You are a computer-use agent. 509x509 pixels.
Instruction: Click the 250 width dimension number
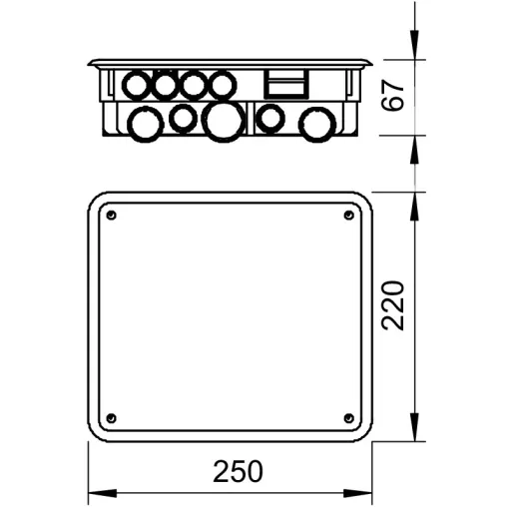(x=238, y=471)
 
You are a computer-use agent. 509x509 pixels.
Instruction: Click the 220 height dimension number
(x=393, y=305)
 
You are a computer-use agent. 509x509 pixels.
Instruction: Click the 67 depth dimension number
(x=393, y=95)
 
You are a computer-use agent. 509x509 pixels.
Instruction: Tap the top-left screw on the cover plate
(x=112, y=216)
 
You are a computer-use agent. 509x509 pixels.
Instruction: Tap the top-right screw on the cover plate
(x=348, y=216)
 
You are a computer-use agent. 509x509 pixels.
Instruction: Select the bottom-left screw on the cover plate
(x=112, y=418)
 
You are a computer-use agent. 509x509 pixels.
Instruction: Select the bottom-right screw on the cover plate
(x=348, y=418)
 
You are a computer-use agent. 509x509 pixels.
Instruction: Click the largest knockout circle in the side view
(x=224, y=122)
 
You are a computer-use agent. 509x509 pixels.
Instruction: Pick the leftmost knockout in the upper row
(x=137, y=85)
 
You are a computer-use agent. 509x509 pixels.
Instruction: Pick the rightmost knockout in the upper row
(x=223, y=85)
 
